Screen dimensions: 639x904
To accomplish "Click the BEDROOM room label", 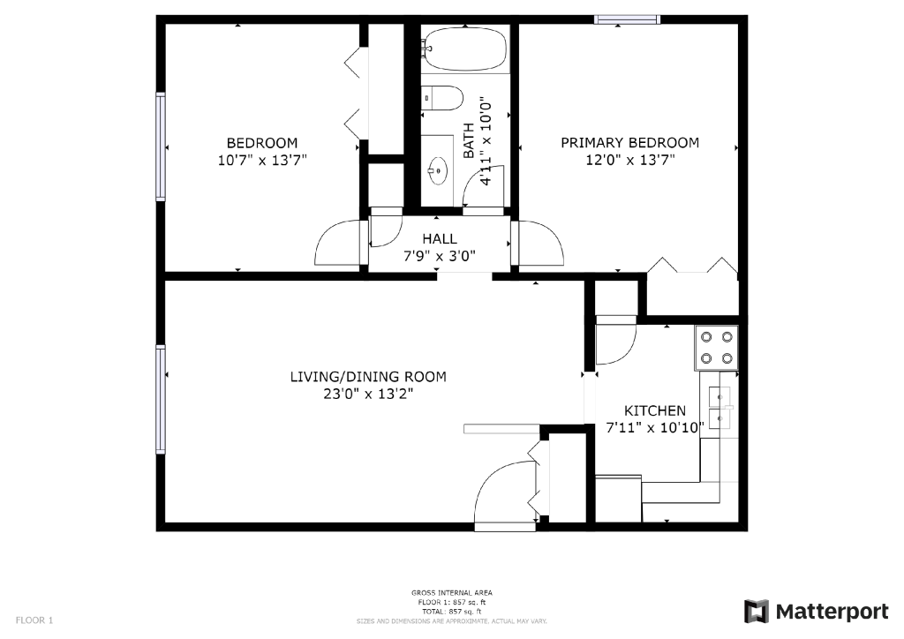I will (262, 143).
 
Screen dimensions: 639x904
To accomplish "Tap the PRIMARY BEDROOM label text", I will (629, 143).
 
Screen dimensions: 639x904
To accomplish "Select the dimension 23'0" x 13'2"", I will (368, 394).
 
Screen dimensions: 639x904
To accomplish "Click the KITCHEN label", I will (654, 410).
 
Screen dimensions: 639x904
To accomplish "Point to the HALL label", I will (439, 239).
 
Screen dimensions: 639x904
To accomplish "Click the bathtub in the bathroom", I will (464, 49).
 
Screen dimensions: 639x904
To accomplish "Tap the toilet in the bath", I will (441, 98).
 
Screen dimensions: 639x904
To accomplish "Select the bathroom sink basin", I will (437, 166).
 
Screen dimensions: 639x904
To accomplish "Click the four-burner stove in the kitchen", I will (716, 347).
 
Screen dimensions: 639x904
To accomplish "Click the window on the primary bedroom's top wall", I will (627, 19).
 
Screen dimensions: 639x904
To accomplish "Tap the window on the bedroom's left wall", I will (161, 146).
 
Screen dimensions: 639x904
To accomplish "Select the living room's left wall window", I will (161, 399).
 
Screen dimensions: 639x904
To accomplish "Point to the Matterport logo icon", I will (757, 611).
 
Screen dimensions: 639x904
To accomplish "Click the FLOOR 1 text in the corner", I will (34, 620).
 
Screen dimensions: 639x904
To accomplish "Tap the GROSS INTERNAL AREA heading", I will (451, 593).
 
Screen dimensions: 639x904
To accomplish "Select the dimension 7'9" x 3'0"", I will (439, 257).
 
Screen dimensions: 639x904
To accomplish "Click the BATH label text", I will (469, 141).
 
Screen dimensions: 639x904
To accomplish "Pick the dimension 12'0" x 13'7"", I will (629, 161).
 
